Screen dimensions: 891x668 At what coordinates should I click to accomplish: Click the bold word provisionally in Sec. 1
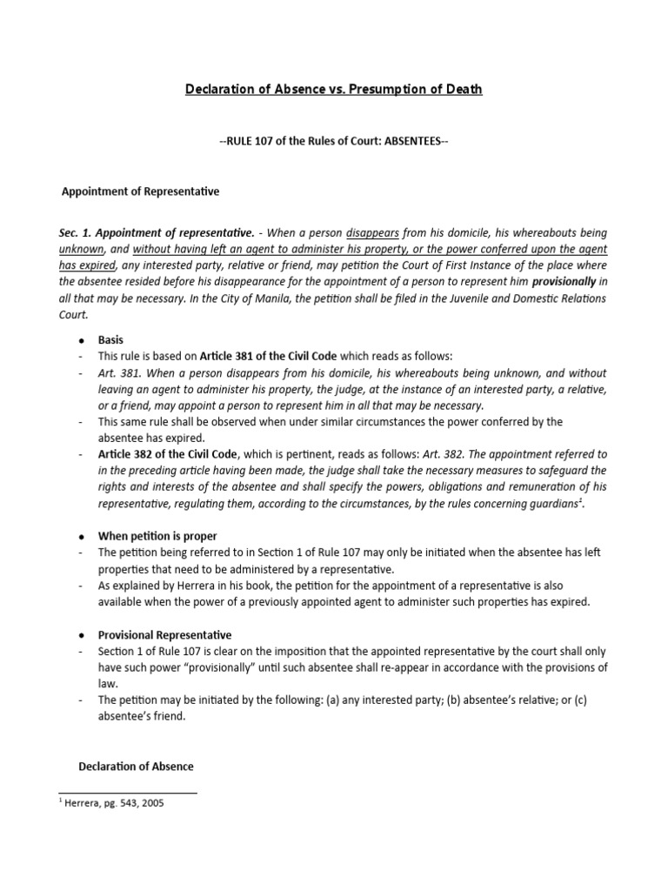coord(563,283)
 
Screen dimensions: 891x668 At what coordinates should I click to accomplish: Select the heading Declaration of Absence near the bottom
coord(137,767)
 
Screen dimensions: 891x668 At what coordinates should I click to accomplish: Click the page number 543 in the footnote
coord(125,804)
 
